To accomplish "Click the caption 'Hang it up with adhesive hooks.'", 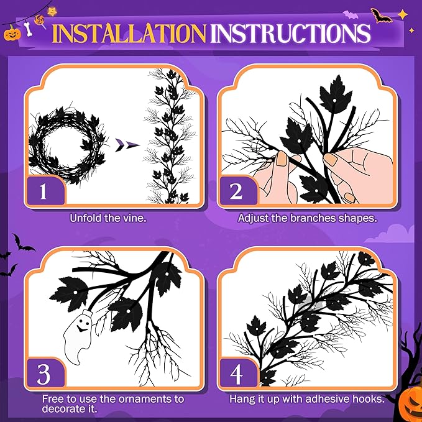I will click(307, 398).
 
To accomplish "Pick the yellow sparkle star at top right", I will click(403, 13).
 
